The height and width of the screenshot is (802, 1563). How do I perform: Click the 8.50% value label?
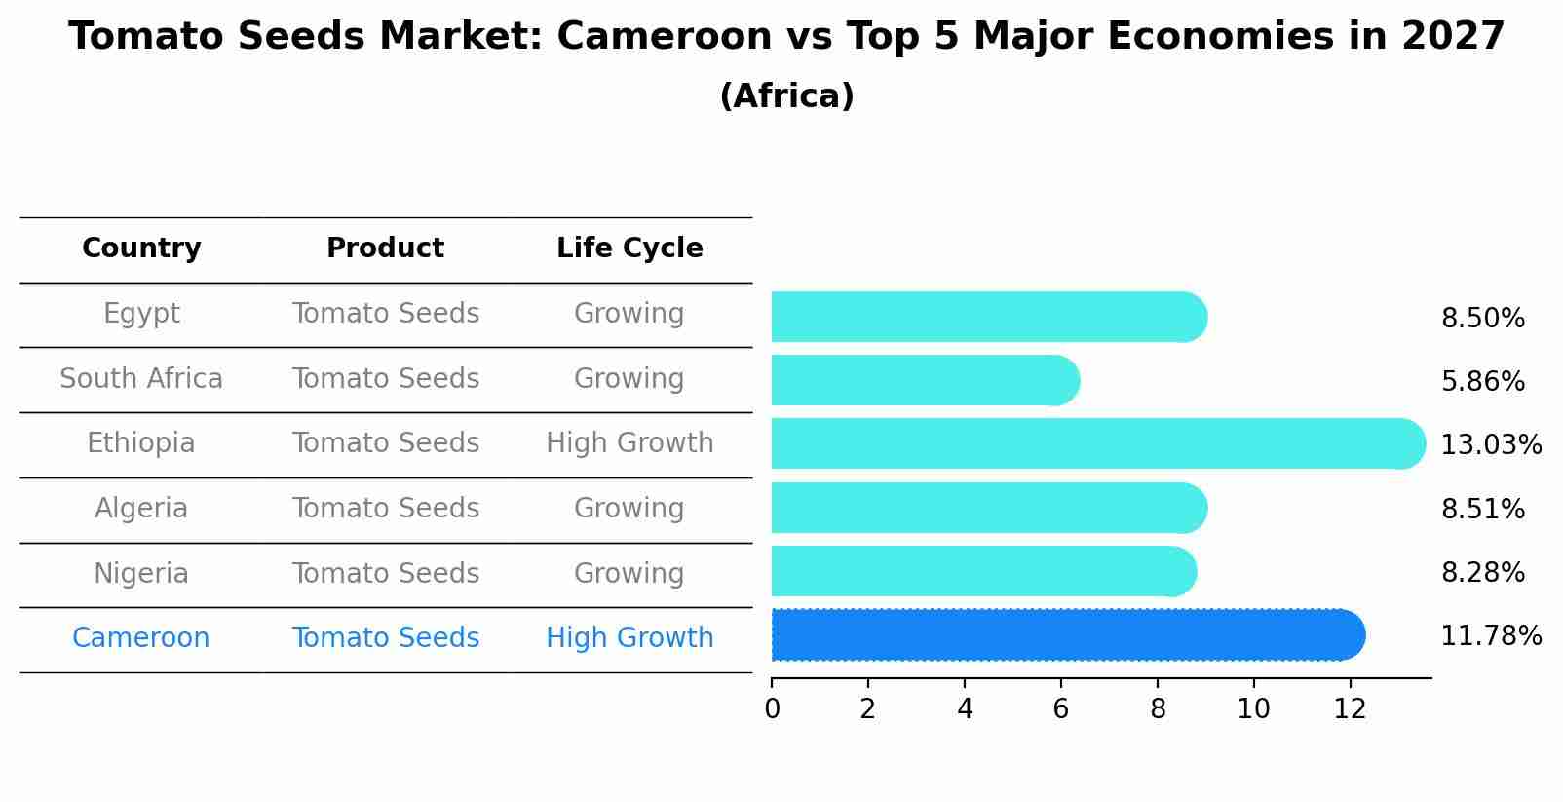1482,319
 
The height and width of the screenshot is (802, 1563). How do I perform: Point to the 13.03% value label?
1490,445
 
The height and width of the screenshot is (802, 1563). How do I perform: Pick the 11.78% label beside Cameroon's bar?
1490,636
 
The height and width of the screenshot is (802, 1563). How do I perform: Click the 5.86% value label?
1482,382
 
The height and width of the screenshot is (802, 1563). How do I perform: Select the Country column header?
141,248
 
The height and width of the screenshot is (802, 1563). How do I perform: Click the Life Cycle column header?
629,248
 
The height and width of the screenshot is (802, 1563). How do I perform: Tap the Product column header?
385,248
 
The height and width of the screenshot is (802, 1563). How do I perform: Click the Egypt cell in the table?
141,314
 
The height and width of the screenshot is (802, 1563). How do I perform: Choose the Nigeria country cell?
141,573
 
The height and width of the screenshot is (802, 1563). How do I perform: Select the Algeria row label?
141,509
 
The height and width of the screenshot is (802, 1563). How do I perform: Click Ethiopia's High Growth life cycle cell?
629,443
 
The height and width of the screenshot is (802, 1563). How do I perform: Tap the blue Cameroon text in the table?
141,638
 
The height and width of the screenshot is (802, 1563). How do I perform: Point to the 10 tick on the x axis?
1253,709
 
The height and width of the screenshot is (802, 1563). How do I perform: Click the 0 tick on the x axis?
772,709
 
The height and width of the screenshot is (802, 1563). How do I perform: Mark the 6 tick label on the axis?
1061,709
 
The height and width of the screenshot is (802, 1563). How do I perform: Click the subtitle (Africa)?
786,96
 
